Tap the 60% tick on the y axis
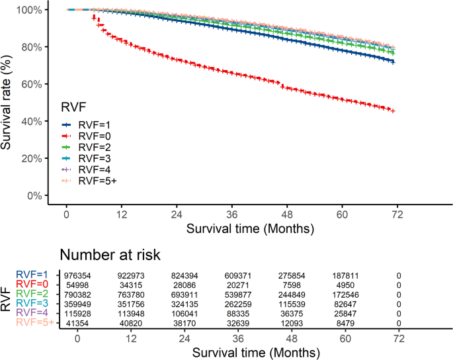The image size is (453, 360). tap(30, 84)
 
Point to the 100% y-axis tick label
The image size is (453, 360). tap(28, 10)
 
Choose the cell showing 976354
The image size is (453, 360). tap(78, 274)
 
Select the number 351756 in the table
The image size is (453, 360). tap(122, 302)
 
